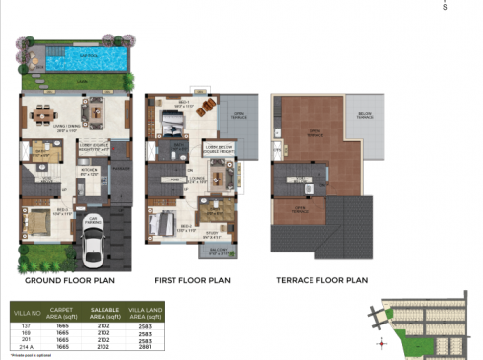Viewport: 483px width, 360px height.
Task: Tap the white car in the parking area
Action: [92, 252]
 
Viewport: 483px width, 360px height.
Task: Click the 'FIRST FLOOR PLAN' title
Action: [192, 280]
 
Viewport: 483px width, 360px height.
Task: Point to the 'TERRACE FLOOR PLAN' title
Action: [321, 280]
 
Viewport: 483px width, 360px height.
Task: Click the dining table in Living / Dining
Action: [41, 116]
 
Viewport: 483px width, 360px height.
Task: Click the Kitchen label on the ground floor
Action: [87, 169]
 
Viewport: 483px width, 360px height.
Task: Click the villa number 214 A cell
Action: [27, 348]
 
